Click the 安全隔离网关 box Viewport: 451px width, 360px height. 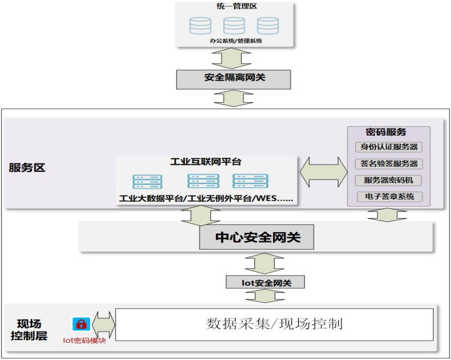233,78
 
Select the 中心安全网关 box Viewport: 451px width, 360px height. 257,238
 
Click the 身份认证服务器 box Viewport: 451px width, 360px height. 388,147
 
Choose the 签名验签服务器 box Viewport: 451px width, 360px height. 388,164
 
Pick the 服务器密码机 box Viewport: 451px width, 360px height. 388,180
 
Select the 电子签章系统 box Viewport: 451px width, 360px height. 388,197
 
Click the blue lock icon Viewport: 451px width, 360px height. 81,324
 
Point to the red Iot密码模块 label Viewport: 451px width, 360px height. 84,341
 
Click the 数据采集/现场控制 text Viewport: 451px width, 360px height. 274,323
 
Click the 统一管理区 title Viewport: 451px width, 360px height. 233,7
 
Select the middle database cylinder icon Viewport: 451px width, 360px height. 234,26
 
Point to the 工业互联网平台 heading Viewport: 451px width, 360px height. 206,162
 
